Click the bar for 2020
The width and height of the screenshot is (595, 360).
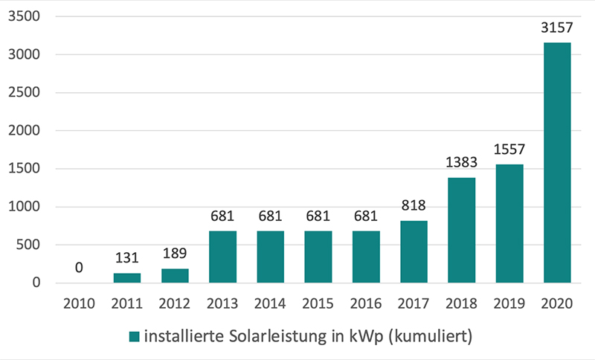[x=557, y=163]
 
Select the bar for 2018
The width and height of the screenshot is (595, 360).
[x=461, y=231]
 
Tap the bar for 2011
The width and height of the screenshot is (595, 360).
[x=126, y=277]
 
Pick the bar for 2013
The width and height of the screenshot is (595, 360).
[x=222, y=257]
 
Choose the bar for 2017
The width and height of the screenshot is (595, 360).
[x=414, y=251]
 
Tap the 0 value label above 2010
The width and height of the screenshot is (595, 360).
[x=79, y=266]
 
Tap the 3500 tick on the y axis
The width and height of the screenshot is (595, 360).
[x=28, y=16]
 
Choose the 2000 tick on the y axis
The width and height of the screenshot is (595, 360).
[x=28, y=131]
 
